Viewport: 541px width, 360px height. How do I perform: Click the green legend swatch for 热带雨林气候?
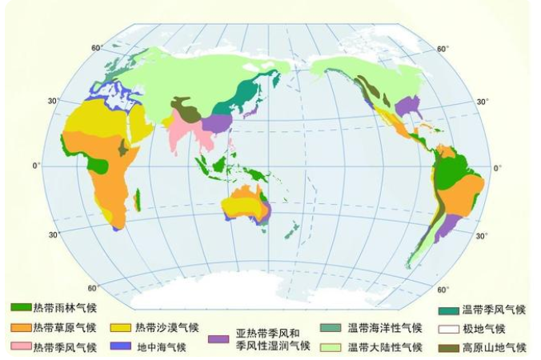click(x=22, y=307)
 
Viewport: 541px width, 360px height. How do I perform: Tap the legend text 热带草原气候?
click(x=66, y=327)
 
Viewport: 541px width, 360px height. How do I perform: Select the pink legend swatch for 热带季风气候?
click(x=22, y=346)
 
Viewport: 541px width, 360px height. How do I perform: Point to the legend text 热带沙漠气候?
click(x=167, y=327)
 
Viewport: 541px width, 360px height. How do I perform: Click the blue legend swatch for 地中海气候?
click(x=122, y=346)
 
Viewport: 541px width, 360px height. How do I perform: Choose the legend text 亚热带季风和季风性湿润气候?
click(x=267, y=339)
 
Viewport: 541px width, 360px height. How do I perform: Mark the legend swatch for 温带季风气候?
click(x=448, y=310)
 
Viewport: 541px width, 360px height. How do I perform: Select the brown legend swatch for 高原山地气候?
click(x=448, y=347)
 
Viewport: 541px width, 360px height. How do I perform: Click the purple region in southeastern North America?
click(x=409, y=106)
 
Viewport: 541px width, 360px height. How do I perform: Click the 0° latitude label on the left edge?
click(x=35, y=166)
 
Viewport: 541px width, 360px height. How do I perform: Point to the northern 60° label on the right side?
click(x=441, y=50)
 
